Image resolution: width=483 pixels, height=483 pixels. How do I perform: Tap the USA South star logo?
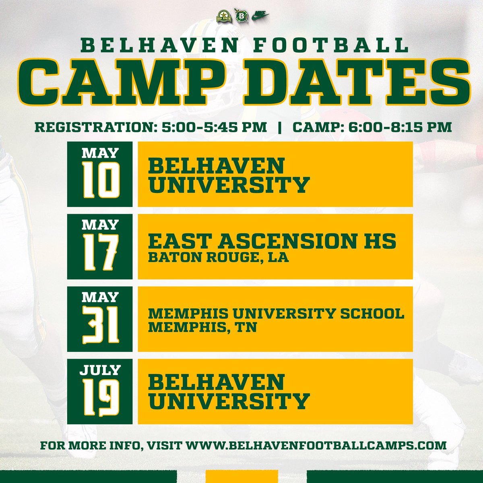coord(223,16)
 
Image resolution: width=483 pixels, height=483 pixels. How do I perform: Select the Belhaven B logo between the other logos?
coord(242,16)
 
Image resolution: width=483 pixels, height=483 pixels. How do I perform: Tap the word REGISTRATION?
coord(93,127)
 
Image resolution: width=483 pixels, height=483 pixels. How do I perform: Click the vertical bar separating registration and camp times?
coord(279,127)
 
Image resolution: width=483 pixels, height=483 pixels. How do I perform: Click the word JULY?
coord(100,369)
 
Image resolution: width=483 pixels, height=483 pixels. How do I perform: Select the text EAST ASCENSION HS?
coord(272,241)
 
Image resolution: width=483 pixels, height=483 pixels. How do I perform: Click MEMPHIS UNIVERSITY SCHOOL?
coord(276,314)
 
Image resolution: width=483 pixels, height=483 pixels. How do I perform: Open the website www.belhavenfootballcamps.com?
coord(316,446)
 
